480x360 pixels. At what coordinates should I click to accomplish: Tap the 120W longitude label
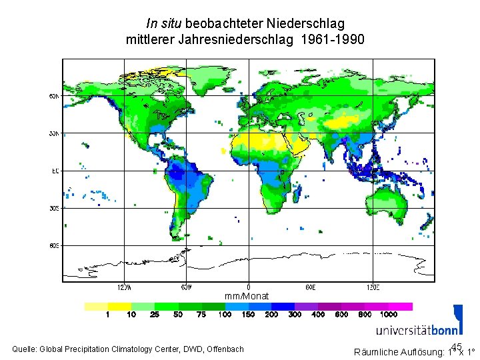pyautogui.click(x=124, y=288)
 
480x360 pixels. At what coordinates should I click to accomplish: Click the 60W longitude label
pyautogui.click(x=187, y=288)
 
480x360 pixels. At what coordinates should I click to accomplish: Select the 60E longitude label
pyautogui.click(x=311, y=288)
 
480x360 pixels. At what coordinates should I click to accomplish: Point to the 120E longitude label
pyautogui.click(x=373, y=288)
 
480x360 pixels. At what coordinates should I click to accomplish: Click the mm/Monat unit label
pyautogui.click(x=247, y=296)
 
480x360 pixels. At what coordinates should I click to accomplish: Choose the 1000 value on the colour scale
pyautogui.click(x=389, y=314)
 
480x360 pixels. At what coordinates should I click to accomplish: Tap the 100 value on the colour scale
pyautogui.click(x=225, y=314)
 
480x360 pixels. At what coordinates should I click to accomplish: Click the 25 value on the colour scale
pyautogui.click(x=155, y=314)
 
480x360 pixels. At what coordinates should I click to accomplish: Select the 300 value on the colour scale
pyautogui.click(x=295, y=314)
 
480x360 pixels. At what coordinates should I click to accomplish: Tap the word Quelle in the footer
pyautogui.click(x=25, y=349)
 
